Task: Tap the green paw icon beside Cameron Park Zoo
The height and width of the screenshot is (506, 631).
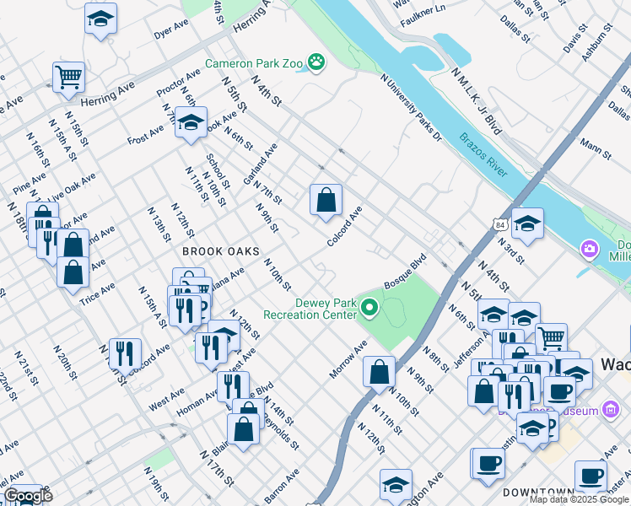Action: click(316, 61)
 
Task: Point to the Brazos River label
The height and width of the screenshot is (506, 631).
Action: click(483, 153)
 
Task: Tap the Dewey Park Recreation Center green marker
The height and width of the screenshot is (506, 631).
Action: click(369, 309)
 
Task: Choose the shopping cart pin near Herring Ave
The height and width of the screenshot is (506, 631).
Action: click(68, 78)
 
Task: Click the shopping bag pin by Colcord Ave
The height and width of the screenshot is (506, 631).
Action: click(326, 201)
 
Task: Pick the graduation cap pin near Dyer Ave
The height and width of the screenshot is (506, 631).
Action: click(100, 19)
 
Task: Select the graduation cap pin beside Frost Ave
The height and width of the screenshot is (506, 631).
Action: click(191, 122)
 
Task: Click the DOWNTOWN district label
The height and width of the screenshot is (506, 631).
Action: click(537, 491)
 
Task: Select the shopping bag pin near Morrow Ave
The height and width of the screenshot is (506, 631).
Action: click(380, 370)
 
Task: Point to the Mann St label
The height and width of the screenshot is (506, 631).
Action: click(595, 149)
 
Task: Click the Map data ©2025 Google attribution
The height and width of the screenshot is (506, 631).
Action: click(579, 499)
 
